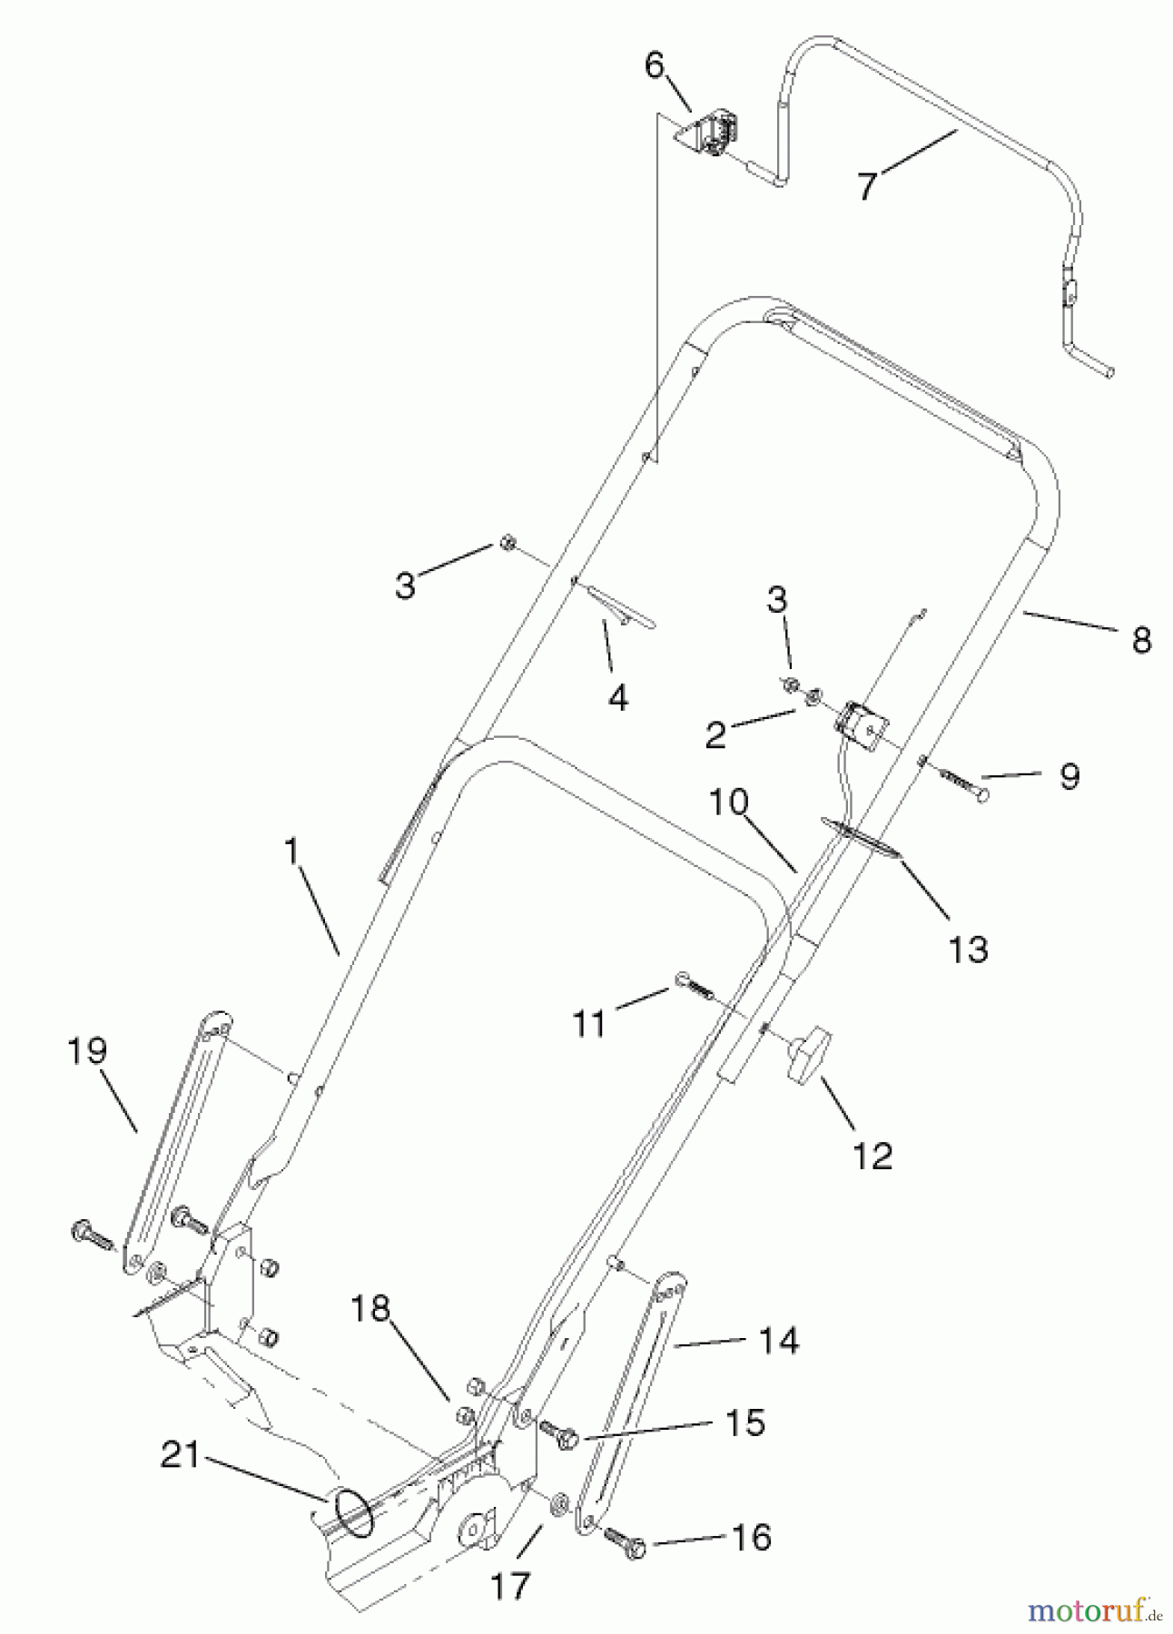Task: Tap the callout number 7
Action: click(x=867, y=186)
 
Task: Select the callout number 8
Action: click(x=1141, y=640)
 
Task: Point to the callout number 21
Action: click(x=181, y=1455)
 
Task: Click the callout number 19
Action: click(x=87, y=1051)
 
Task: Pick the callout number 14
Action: click(x=778, y=1340)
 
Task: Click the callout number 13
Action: click(x=968, y=950)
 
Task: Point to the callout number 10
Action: click(x=728, y=802)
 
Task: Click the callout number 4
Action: click(x=618, y=697)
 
